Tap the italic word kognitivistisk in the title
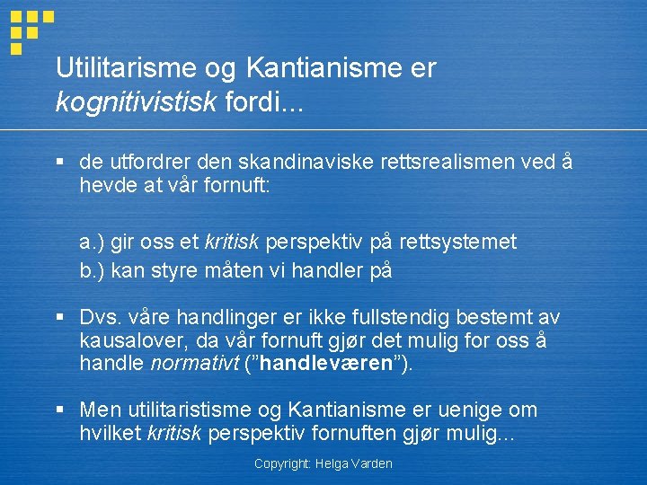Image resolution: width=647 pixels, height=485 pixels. point(136,102)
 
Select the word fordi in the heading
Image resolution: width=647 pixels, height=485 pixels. point(253,102)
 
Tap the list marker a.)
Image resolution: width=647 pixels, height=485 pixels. point(93,241)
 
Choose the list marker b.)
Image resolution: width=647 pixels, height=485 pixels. point(93,269)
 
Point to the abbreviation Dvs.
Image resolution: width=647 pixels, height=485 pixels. point(101,317)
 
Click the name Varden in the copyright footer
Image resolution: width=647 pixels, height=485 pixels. point(372,463)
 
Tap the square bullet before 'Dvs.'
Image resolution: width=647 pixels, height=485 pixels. point(60,318)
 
